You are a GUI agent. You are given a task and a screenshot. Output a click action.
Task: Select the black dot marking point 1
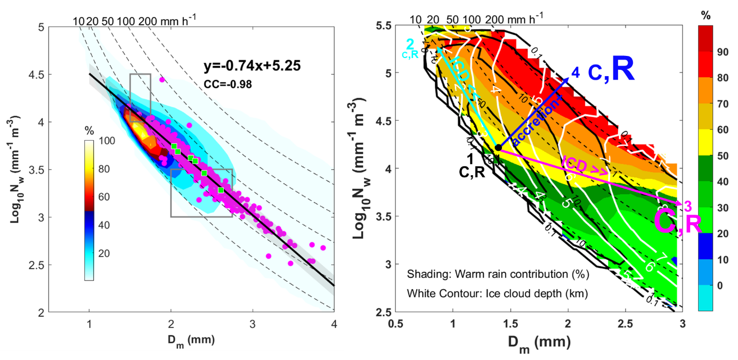(x=498, y=148)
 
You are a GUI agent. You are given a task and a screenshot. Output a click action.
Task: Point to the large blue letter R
(x=622, y=71)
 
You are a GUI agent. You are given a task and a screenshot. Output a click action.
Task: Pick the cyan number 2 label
(x=410, y=43)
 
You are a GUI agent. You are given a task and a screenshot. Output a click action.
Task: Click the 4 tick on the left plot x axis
(x=334, y=323)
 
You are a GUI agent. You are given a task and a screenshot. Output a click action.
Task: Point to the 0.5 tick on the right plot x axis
(x=395, y=323)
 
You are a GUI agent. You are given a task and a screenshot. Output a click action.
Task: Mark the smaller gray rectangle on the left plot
(x=140, y=98)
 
